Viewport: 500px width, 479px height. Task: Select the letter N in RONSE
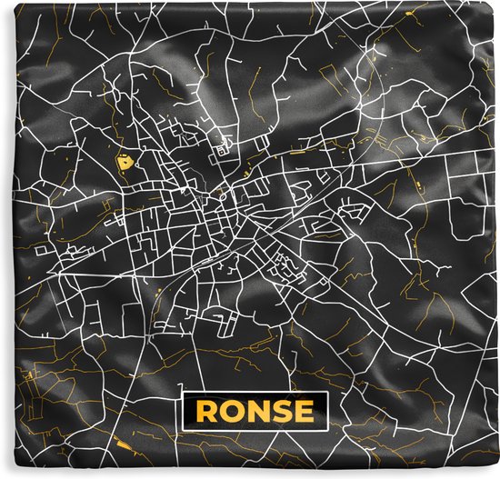point(257,413)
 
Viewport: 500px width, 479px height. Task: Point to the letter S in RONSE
point(281,413)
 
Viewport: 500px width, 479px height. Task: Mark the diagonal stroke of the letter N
point(257,413)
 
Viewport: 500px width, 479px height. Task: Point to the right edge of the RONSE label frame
point(326,413)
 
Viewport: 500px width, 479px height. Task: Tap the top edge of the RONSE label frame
point(255,395)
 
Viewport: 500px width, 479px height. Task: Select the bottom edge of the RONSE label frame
point(255,431)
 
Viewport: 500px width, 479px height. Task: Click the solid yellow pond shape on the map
point(122,164)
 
